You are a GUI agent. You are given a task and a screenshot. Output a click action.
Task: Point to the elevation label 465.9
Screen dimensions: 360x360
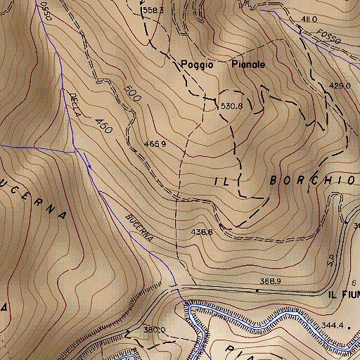tap(155, 144)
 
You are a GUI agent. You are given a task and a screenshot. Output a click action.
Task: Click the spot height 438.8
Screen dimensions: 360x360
tap(201, 231)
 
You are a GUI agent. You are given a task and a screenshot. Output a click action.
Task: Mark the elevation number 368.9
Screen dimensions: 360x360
tap(270, 281)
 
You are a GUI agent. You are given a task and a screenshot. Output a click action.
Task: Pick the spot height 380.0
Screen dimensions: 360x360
tap(153, 329)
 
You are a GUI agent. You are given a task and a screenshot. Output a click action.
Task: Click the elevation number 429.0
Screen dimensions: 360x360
tap(340, 85)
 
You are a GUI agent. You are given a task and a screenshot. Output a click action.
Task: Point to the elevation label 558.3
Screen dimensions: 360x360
tap(152, 11)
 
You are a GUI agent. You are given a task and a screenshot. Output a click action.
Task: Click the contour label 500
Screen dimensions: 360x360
tap(128, 92)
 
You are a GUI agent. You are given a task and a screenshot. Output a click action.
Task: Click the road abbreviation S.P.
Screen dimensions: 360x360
tap(330, 263)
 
